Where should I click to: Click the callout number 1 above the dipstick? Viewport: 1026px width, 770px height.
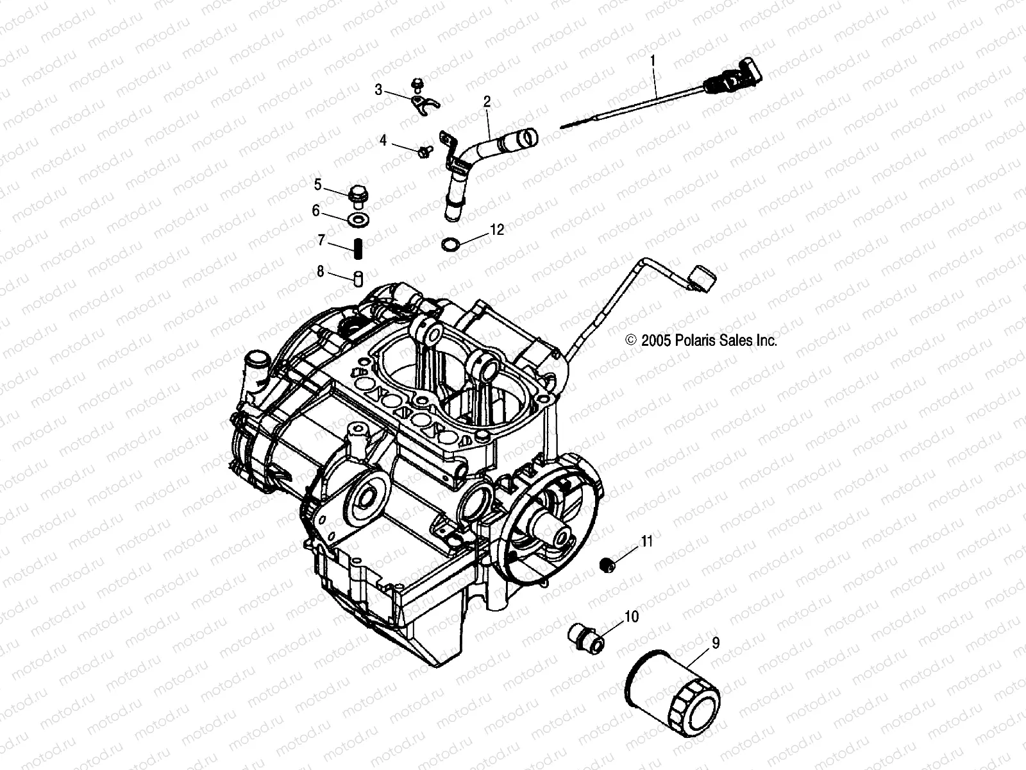coord(653,62)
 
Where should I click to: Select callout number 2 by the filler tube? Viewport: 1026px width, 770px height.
coord(487,101)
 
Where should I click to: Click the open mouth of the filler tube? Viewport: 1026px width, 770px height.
coord(527,136)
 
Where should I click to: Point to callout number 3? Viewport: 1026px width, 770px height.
coord(378,90)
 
